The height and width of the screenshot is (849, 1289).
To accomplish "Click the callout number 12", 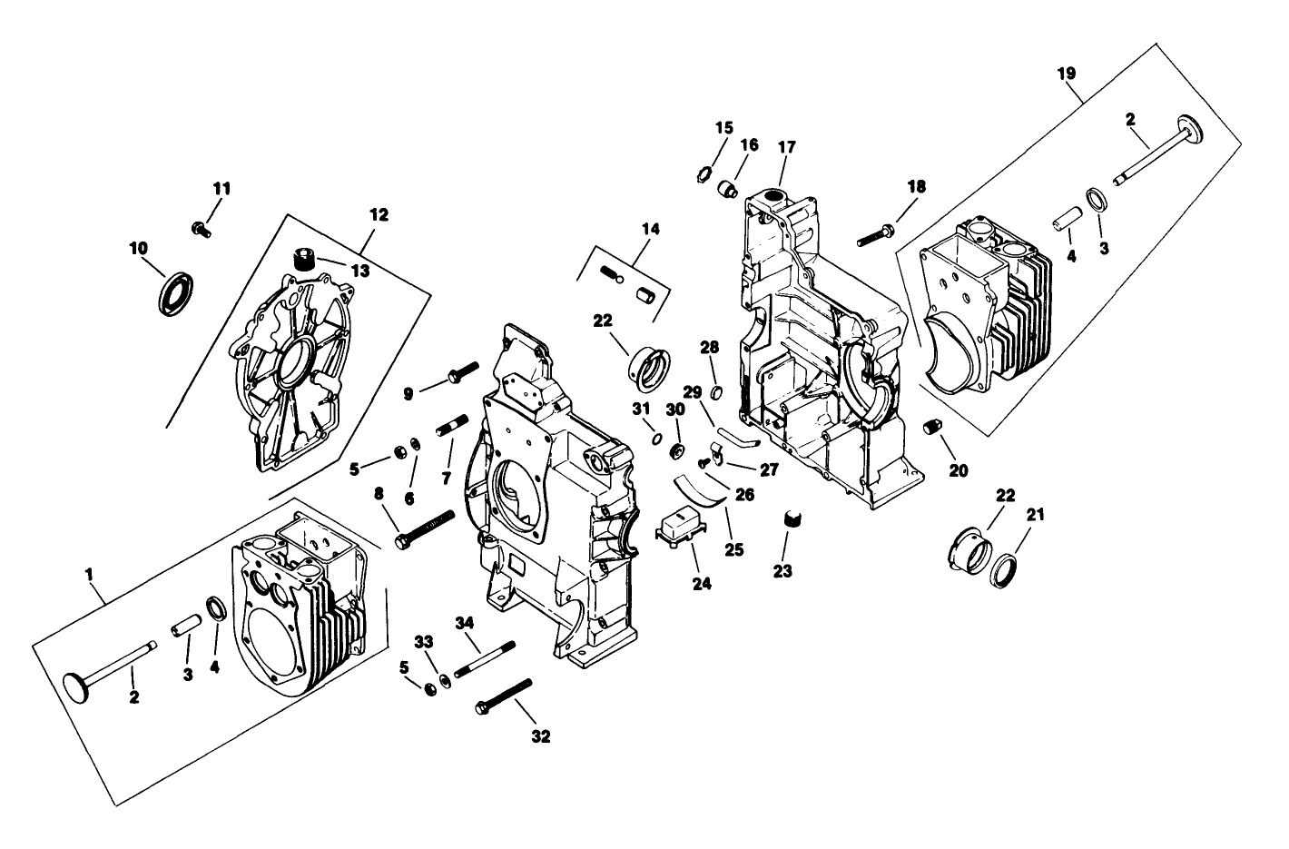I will tap(379, 215).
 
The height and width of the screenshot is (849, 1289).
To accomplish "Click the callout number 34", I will tap(465, 622).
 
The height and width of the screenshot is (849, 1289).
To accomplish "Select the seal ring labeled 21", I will tap(1007, 571).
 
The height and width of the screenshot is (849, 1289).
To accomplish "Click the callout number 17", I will tap(786, 146).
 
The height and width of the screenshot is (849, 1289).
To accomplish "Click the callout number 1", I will tap(89, 574).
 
